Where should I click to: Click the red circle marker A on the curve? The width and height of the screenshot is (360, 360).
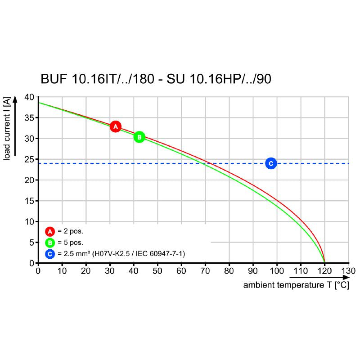(x=116, y=127)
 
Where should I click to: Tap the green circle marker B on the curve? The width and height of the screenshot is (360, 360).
(x=139, y=137)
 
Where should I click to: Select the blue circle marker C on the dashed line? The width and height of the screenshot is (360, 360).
(x=270, y=163)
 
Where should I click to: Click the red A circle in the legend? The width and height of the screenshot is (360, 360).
(x=50, y=232)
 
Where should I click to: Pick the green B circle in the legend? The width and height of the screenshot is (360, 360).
(x=50, y=243)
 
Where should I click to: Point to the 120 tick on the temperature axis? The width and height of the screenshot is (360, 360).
(x=324, y=271)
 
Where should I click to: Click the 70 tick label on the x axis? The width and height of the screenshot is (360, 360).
(x=205, y=271)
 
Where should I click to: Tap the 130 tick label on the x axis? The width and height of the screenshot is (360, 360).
(x=348, y=271)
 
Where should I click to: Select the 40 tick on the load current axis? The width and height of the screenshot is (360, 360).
(x=29, y=97)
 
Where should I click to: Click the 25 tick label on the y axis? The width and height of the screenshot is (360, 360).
(x=29, y=159)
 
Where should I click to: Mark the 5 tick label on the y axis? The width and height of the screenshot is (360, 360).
(x=31, y=243)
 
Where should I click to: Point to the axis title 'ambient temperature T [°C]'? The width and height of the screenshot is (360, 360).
(x=296, y=285)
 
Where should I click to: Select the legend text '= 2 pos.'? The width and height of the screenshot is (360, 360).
(x=70, y=232)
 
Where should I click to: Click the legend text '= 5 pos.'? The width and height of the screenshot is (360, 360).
(x=70, y=243)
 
